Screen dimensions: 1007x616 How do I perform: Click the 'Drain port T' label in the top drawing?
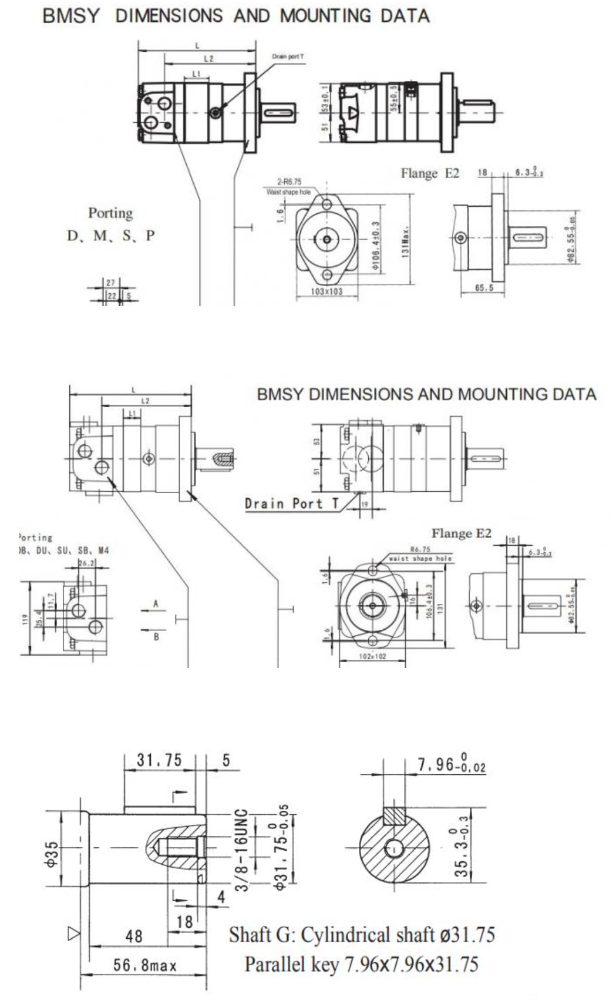point(288,56)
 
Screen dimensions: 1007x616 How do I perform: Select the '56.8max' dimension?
point(144,965)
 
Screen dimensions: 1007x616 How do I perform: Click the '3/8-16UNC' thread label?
point(242,850)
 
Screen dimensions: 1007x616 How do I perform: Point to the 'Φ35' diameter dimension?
point(52,854)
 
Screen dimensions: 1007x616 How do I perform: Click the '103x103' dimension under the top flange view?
point(326,291)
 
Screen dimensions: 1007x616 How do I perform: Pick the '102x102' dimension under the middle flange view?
point(372,656)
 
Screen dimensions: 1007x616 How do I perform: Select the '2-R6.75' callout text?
point(289,182)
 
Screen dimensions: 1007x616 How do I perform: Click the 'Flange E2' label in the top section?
point(430,173)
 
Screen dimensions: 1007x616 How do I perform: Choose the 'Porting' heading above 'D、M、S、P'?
point(110,213)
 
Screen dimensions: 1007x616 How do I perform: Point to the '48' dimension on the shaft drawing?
point(134,935)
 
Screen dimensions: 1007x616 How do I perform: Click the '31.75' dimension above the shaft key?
point(159,760)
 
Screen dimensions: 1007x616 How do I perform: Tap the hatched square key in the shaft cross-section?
point(394,815)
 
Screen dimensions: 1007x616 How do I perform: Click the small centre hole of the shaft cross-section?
point(394,847)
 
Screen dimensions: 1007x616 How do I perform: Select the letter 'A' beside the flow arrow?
point(156,603)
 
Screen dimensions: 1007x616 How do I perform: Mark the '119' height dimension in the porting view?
point(25,619)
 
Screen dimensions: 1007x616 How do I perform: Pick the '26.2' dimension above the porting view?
point(86,563)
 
